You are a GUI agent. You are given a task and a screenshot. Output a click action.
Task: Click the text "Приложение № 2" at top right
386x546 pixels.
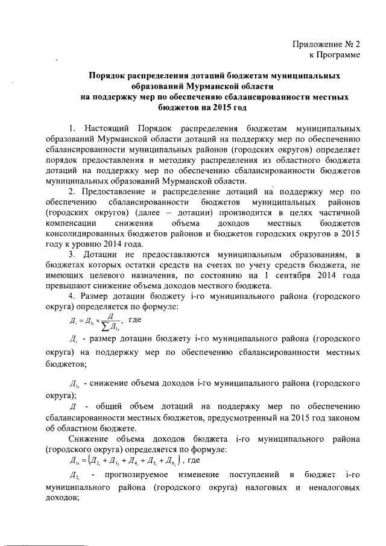click(326, 44)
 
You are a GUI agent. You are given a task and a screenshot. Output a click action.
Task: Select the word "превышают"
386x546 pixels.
click(68, 287)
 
